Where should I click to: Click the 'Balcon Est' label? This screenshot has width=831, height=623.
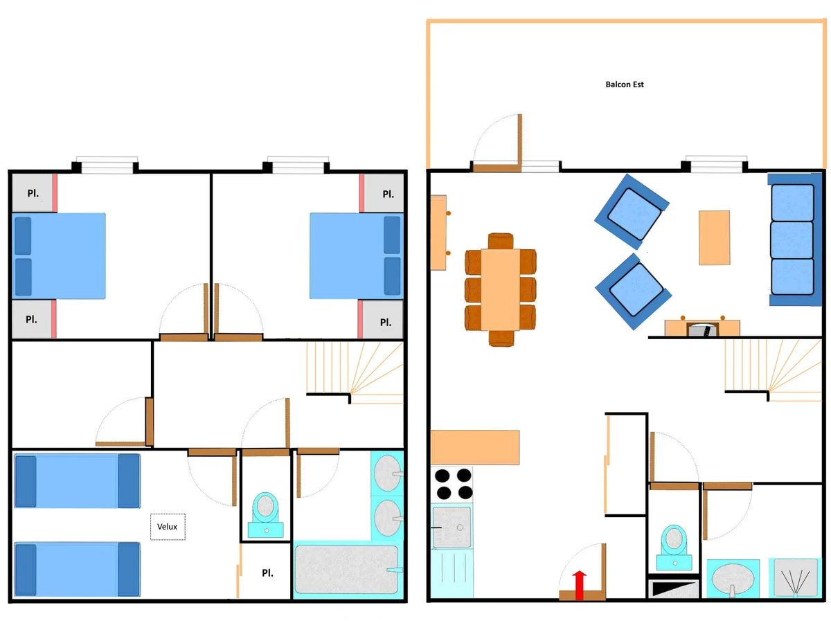pos(625,84)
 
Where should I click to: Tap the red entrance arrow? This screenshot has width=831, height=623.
pos(580,585)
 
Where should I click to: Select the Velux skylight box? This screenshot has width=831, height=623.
pos(168,527)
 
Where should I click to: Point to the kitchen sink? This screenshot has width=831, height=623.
pos(452,527)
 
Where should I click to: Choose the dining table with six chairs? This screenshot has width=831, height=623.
pos(501,289)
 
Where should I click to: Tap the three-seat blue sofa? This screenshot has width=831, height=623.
pos(792,240)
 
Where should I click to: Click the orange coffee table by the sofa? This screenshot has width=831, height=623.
pos(714,237)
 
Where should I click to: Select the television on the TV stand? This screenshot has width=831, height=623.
pos(702,329)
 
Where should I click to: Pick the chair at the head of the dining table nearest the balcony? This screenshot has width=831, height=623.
pos(501,241)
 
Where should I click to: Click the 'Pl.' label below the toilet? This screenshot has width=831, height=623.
pos(267,573)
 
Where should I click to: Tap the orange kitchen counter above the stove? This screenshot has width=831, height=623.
pos(475,447)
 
